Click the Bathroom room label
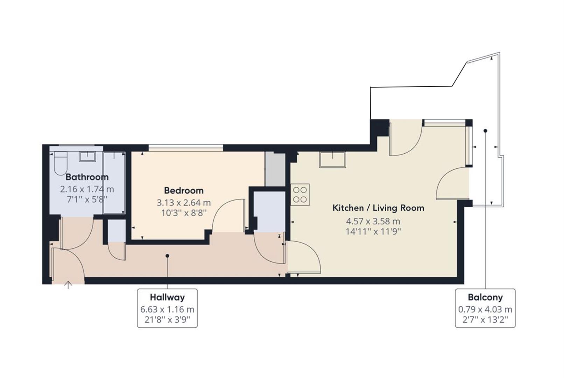87,177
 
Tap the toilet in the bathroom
61,163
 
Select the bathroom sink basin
87,156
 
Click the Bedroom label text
184,191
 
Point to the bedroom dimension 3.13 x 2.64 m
184,203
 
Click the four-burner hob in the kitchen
300,195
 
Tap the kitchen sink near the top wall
332,160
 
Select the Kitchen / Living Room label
378,208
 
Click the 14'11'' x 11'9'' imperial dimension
373,232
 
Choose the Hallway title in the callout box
167,297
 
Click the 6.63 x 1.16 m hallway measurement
167,309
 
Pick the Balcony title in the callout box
485,297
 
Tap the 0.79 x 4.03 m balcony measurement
485,309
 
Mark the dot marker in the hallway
167,256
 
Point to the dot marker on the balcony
485,131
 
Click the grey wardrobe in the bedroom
275,169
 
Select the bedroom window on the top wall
185,148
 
